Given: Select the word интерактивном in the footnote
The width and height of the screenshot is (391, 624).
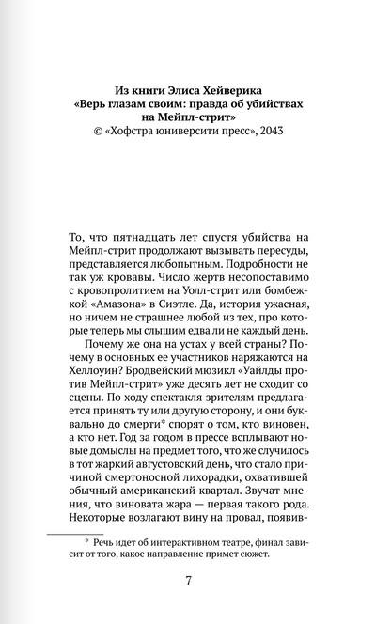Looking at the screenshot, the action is coord(167,572).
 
